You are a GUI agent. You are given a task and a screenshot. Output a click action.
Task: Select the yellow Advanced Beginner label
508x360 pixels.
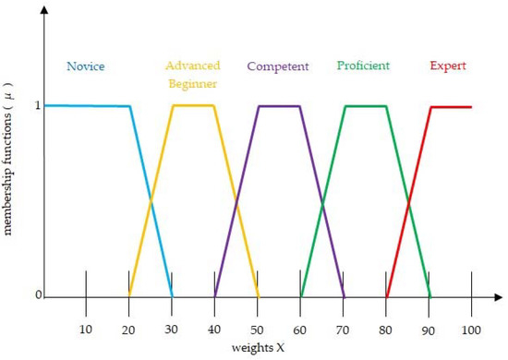click(x=192, y=74)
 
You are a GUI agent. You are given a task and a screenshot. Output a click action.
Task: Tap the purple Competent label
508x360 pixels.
click(x=277, y=66)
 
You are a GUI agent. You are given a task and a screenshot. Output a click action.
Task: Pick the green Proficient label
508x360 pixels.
click(x=363, y=66)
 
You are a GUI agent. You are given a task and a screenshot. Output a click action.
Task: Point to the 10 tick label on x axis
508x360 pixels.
click(x=86, y=330)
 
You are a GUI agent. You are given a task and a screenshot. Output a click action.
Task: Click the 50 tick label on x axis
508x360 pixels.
click(x=258, y=330)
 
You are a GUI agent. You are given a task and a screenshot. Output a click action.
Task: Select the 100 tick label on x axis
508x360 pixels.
click(x=472, y=330)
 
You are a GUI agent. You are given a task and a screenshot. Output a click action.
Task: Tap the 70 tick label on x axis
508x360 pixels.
click(x=344, y=330)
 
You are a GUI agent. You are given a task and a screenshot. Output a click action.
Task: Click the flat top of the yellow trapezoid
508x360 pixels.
click(x=193, y=105)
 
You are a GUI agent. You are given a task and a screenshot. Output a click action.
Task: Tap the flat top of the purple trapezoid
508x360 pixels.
click(x=279, y=106)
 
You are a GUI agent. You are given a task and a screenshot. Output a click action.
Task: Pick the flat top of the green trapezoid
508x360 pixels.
click(x=365, y=106)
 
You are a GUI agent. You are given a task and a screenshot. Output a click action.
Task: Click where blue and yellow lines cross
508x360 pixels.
click(x=151, y=201)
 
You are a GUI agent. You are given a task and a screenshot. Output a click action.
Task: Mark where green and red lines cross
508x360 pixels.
click(x=408, y=201)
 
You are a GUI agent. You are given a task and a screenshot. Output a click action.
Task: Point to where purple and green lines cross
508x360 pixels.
click(x=322, y=201)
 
